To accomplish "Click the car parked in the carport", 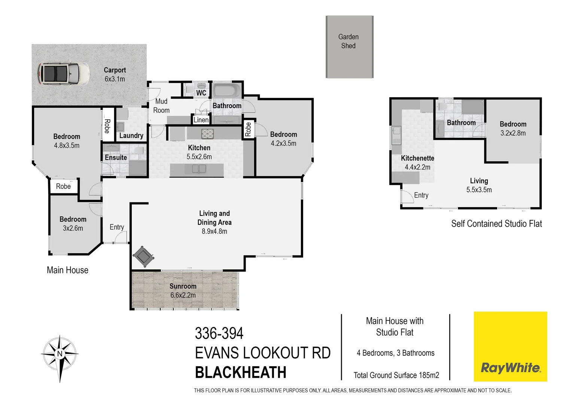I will click(63, 73).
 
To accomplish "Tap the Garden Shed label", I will click(348, 41).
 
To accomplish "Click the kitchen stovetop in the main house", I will click(207, 134).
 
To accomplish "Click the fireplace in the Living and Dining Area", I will click(143, 257).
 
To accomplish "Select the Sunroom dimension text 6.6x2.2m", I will click(183, 295).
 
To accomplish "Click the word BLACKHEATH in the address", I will click(241, 373).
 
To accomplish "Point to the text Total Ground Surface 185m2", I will click(396, 375).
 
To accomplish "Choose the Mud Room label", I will click(161, 106).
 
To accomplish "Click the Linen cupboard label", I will click(201, 120).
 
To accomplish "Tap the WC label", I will click(201, 93).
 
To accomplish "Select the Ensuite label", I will click(116, 157).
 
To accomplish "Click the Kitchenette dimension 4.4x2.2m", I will click(417, 167).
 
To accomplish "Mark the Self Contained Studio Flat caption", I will click(496, 224).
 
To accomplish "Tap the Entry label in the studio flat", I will click(421, 195).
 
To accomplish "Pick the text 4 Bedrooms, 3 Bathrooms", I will click(395, 353).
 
